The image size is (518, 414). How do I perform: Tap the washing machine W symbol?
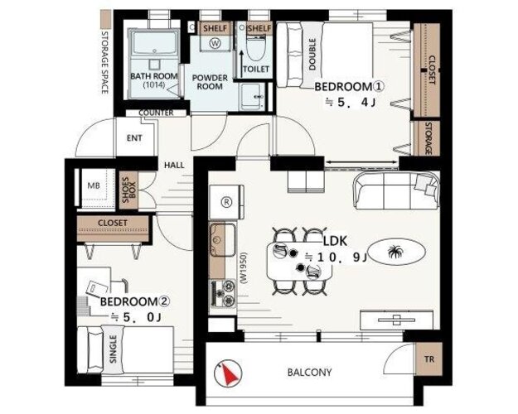[215, 42]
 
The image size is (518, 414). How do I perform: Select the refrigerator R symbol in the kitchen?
[226, 202]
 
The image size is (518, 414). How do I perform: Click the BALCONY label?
[309, 373]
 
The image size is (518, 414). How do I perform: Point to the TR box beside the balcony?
[428, 359]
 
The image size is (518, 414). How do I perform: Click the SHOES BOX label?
[128, 190]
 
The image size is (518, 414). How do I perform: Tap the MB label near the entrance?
[94, 185]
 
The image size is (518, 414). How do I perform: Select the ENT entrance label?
[134, 138]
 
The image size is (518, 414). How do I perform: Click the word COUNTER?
[156, 113]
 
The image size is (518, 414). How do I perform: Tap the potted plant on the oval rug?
[395, 252]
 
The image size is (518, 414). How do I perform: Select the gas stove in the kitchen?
[223, 293]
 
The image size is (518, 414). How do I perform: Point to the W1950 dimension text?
[244, 268]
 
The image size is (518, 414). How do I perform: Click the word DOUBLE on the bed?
[312, 54]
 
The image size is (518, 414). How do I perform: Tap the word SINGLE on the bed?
[113, 349]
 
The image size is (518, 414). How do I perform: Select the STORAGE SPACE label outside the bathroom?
[104, 62]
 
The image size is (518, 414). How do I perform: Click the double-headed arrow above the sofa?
[361, 161]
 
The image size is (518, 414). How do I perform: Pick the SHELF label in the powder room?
[215, 28]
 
